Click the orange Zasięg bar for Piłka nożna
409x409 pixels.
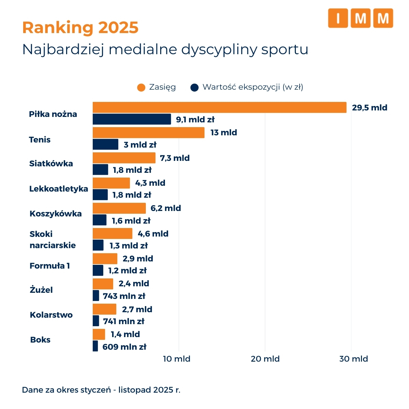(x=219, y=107)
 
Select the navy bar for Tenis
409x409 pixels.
(x=105, y=145)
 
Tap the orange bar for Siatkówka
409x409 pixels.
(x=124, y=158)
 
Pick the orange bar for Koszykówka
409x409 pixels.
(x=119, y=208)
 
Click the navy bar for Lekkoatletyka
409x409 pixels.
(x=100, y=195)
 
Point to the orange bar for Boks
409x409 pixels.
(x=99, y=334)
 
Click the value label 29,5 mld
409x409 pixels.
(x=369, y=108)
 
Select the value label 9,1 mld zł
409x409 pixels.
(x=195, y=120)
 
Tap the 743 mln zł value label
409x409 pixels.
(x=124, y=296)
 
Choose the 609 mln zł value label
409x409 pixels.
(x=124, y=347)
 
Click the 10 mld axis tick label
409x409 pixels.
(x=177, y=359)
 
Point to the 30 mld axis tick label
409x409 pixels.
(x=353, y=359)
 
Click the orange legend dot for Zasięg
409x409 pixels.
(x=141, y=88)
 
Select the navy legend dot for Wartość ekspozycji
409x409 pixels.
(x=194, y=88)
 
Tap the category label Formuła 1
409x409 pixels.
(x=50, y=266)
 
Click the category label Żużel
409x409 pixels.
(x=41, y=290)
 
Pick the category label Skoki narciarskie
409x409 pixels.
(x=52, y=240)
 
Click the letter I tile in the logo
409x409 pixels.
(x=338, y=18)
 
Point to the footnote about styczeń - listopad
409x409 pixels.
(x=101, y=390)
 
